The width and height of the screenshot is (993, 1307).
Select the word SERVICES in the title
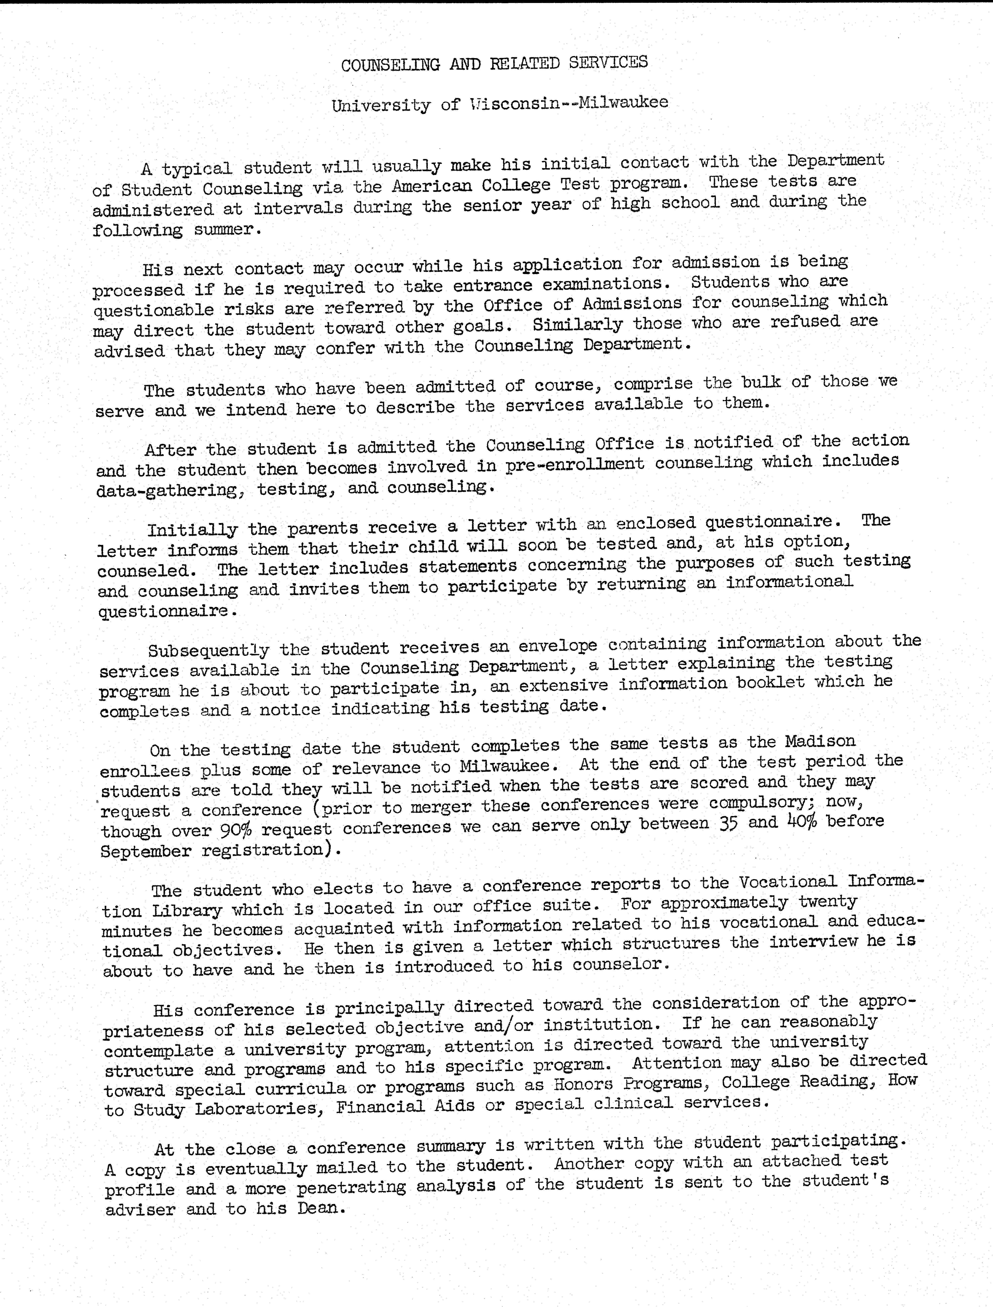pyautogui.click(x=608, y=63)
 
